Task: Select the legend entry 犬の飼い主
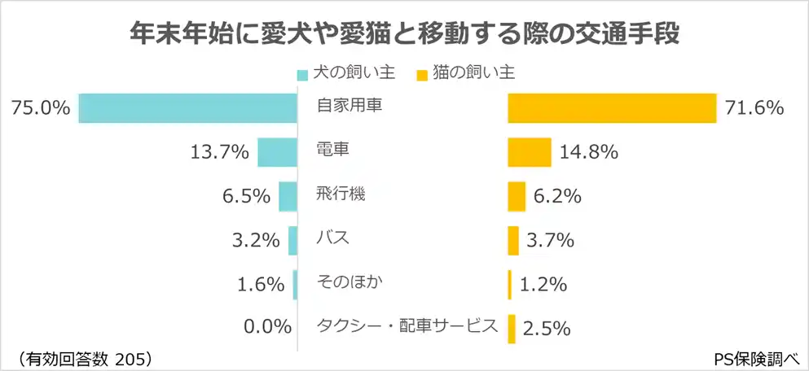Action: point(346,73)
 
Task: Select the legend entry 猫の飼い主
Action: point(464,73)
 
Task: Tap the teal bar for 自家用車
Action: point(188,107)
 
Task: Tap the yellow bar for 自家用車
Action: point(612,107)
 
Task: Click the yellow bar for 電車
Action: point(530,151)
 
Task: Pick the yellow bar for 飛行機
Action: point(517,196)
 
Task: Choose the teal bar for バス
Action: point(293,240)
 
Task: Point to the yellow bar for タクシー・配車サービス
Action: point(512,328)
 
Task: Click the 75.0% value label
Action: point(40,107)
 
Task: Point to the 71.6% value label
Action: point(754,107)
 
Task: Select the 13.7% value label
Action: point(218,151)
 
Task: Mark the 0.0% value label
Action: point(267,328)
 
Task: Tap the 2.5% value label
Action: point(547,328)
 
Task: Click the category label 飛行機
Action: point(340,194)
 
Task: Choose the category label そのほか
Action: point(350,282)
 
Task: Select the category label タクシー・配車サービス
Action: point(407,326)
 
